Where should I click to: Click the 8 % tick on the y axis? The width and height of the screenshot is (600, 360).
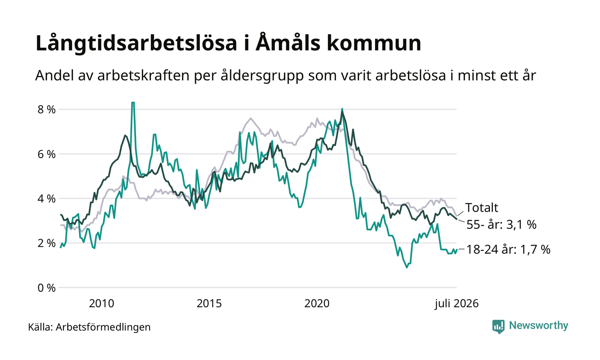pyautogui.click(x=46, y=110)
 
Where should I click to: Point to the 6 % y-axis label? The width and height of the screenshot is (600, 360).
pyautogui.click(x=46, y=154)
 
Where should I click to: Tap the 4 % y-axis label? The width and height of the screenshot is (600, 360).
pyautogui.click(x=46, y=199)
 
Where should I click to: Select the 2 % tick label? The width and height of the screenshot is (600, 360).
pyautogui.click(x=46, y=243)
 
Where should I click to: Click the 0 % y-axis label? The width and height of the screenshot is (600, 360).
pyautogui.click(x=46, y=288)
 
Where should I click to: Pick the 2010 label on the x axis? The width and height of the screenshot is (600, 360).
pyautogui.click(x=102, y=304)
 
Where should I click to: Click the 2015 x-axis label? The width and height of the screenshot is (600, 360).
pyautogui.click(x=209, y=304)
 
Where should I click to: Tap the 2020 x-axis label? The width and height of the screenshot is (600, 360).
pyautogui.click(x=317, y=304)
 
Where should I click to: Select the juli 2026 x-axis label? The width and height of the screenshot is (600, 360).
pyautogui.click(x=457, y=304)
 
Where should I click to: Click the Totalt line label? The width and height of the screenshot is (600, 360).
pyautogui.click(x=482, y=207)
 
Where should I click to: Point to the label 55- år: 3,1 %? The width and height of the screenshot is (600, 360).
pyautogui.click(x=501, y=225)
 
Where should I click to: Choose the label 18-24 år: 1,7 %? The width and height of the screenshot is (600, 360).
pyautogui.click(x=508, y=249)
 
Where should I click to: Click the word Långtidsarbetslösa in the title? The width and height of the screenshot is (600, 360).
pyautogui.click(x=136, y=43)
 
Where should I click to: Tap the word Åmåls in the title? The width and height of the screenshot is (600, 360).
pyautogui.click(x=288, y=42)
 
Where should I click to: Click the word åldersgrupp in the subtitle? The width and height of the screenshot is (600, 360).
pyautogui.click(x=262, y=76)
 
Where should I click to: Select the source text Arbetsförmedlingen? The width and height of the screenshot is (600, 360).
pyautogui.click(x=103, y=327)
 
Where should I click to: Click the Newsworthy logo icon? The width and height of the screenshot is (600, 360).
pyautogui.click(x=498, y=327)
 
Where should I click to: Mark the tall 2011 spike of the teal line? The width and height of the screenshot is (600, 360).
pyautogui.click(x=132, y=102)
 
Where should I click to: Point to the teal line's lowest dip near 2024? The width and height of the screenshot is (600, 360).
pyautogui.click(x=407, y=267)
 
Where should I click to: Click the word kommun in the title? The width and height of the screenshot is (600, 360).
pyautogui.click(x=374, y=43)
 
